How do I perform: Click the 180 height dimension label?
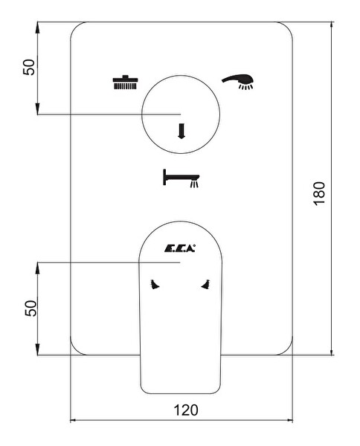point(319,193)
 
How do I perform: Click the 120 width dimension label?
point(185,410)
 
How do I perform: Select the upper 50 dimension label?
point(29,67)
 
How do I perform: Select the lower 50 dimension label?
point(30,308)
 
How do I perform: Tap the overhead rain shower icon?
point(125,83)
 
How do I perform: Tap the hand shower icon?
point(238,82)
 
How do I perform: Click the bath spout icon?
point(181,178)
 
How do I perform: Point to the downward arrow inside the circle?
point(181,131)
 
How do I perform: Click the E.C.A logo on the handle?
point(180,248)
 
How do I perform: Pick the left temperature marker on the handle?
point(154,285)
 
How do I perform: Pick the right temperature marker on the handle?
point(206,285)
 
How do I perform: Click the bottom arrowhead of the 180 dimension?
point(331,350)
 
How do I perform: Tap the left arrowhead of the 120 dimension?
point(75,420)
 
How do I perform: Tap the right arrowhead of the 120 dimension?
point(288,420)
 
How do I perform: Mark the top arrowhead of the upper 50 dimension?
point(38,27)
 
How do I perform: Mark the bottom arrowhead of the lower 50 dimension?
point(38,349)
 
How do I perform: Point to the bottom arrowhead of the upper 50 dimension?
point(38,109)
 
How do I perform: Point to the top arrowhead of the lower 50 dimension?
point(38,268)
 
